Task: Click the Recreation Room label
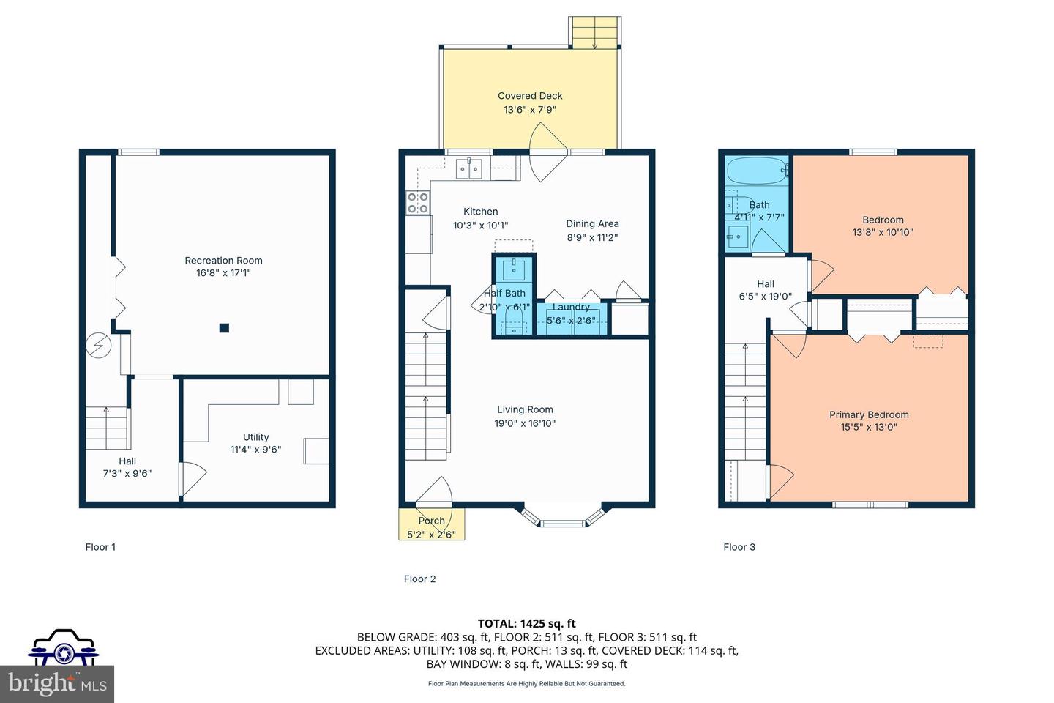pos(223,260)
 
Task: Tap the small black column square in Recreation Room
pos(225,328)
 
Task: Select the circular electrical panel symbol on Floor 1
pos(97,345)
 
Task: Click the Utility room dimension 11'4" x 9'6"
pos(255,450)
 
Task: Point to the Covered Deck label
pos(530,96)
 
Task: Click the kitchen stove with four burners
pos(418,203)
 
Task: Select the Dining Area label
pos(592,223)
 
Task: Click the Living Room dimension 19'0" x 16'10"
pos(525,423)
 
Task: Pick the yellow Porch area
pos(431,524)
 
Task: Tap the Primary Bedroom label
pos(869,414)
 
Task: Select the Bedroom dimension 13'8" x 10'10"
pos(883,232)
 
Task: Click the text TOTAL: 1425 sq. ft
pos(526,623)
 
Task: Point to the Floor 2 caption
pos(419,579)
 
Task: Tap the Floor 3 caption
pos(739,547)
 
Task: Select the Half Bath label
pos(504,293)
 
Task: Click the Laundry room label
pos(571,308)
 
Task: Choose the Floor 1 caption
pos(100,547)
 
